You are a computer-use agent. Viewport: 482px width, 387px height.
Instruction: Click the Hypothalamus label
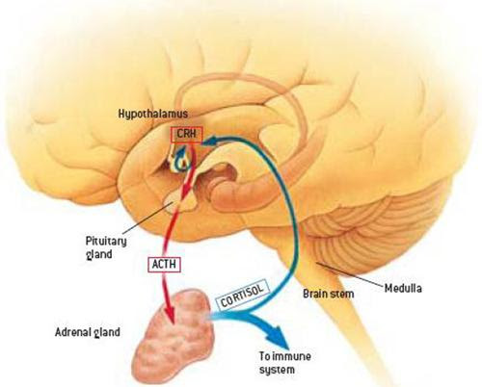point(153,115)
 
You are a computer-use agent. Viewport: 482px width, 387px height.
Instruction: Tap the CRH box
point(187,135)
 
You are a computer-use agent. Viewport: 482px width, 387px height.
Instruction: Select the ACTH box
point(164,265)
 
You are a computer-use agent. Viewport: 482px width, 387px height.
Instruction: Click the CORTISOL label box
point(242,295)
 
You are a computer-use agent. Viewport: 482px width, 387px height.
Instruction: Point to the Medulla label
point(403,288)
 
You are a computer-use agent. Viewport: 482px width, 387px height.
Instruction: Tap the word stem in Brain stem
point(343,294)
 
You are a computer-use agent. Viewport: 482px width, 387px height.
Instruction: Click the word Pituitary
point(106,242)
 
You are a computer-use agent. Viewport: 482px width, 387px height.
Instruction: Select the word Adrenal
point(70,331)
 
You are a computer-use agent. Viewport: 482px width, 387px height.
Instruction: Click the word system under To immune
point(277,370)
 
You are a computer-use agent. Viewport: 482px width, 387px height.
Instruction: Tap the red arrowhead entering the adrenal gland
point(170,314)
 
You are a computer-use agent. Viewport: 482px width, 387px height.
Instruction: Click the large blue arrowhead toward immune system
point(277,337)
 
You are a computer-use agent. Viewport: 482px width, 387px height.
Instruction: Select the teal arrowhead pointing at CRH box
point(211,141)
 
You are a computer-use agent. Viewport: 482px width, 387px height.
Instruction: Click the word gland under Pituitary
point(99,255)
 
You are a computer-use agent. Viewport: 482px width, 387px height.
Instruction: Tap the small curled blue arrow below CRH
point(181,157)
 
